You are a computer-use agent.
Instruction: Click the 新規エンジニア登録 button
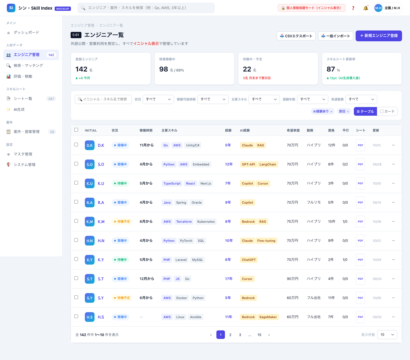coord(379,36)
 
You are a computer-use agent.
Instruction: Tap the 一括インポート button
coord(335,36)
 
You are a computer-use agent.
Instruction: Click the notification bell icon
coord(366,8)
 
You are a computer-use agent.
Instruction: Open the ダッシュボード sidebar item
coord(26,32)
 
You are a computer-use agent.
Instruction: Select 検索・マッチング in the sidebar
coord(28,66)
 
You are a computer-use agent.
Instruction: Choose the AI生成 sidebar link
coord(19,110)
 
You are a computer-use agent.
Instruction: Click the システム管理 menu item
coord(24,165)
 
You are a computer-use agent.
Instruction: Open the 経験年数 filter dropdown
coord(312,99)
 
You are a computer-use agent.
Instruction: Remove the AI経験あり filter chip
coord(331,112)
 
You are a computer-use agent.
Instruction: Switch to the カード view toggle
coord(387,111)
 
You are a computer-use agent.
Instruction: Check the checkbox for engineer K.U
coord(76,183)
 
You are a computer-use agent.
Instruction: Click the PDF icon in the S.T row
coord(360,279)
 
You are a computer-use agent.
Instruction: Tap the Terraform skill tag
coord(184,222)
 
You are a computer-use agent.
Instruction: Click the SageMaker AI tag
coord(268,317)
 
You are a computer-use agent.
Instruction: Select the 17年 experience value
coord(229,279)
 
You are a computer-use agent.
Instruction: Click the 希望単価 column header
coord(293,130)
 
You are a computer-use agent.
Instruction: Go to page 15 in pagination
coord(259,335)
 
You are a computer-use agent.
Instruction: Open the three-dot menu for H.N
coord(393,241)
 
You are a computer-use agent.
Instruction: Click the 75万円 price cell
coord(292,222)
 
